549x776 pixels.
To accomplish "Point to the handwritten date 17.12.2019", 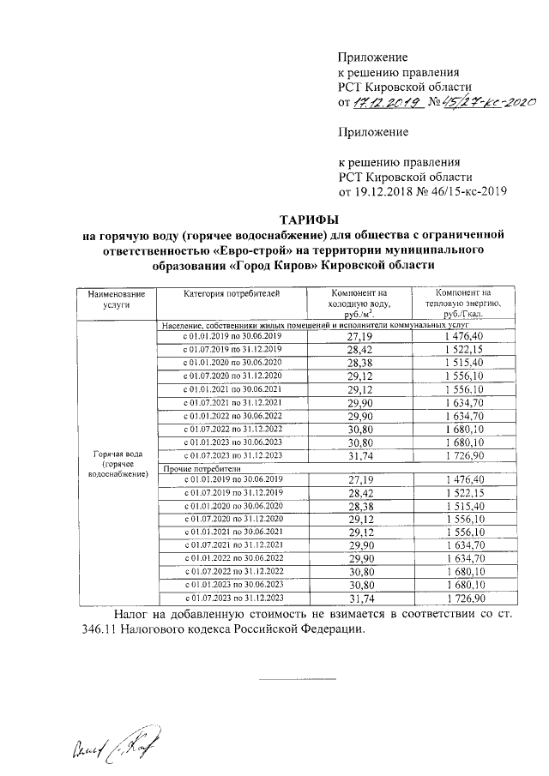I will [386, 103].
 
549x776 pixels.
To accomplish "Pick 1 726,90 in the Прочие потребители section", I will [464, 598].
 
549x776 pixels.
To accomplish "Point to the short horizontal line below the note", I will [287, 681].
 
